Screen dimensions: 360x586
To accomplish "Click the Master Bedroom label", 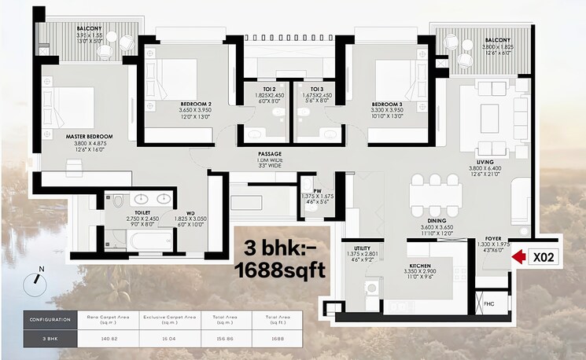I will tap(89, 137).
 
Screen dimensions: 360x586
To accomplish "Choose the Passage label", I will tap(270, 154).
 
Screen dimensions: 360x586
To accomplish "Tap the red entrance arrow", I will tap(519, 256).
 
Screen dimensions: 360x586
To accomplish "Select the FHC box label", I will tap(488, 303).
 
